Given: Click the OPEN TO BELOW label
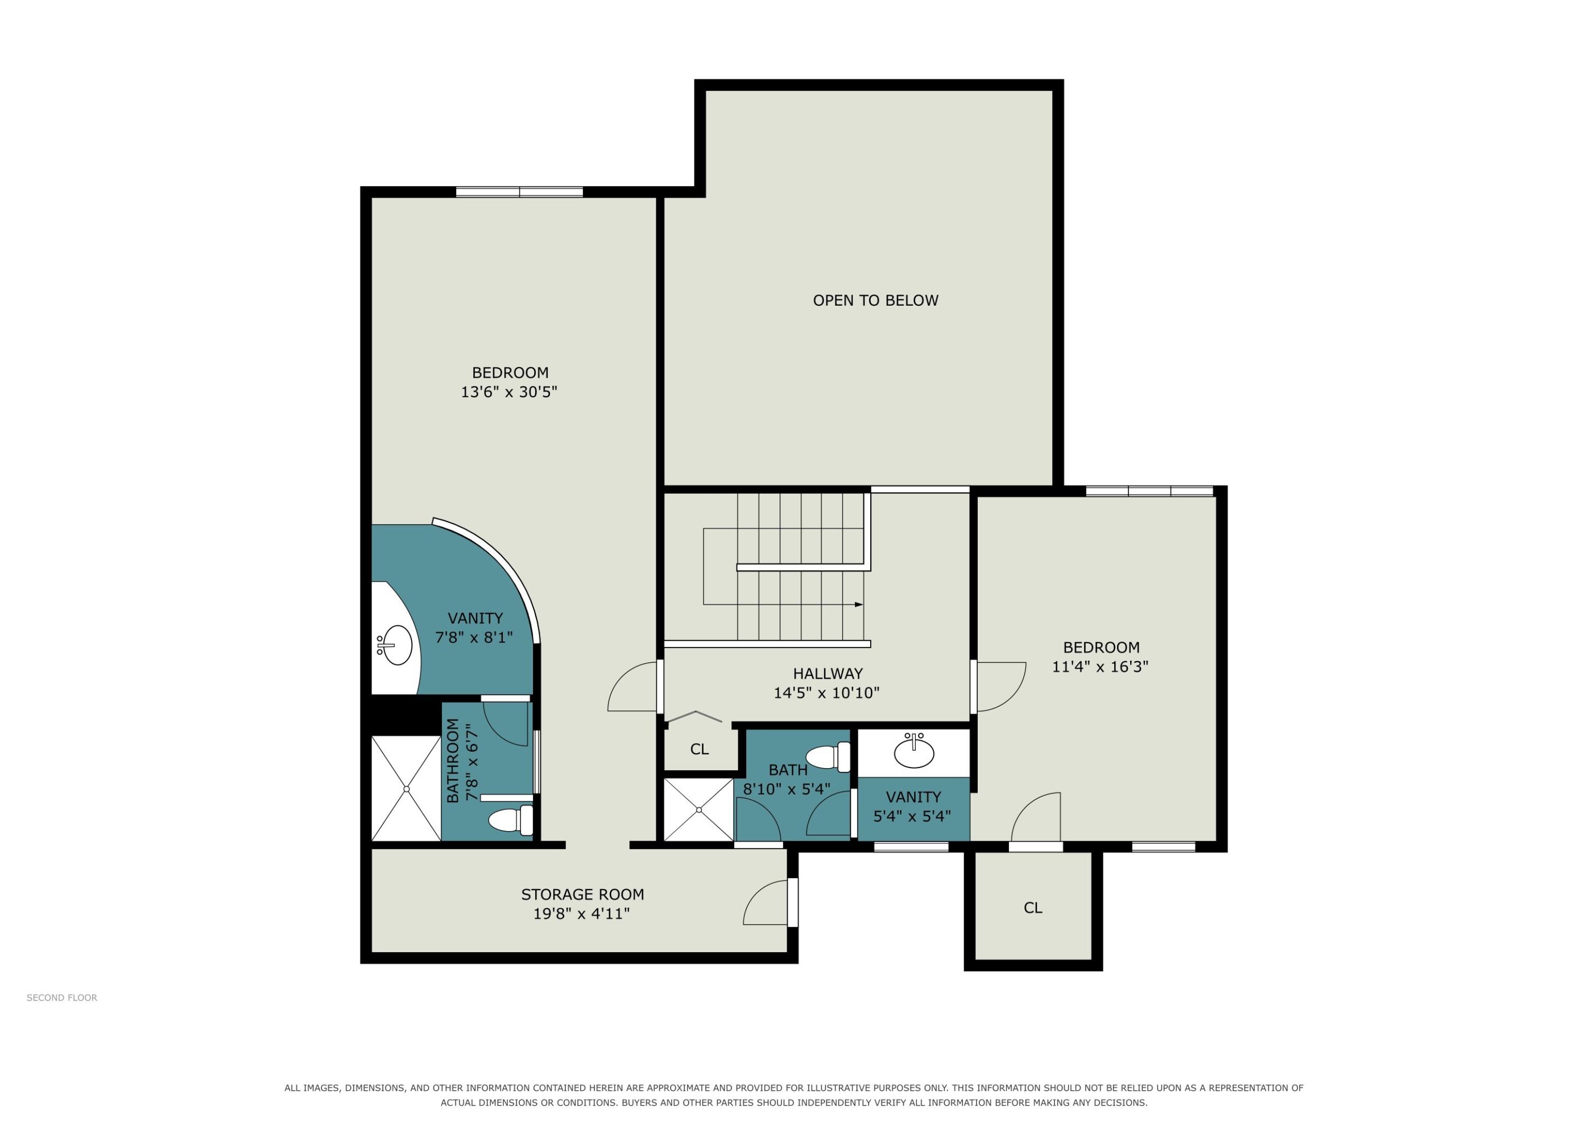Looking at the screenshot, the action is point(875,300).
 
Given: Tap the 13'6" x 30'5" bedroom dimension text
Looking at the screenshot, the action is point(509,392).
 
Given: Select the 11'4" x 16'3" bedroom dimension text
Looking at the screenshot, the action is point(1100,667).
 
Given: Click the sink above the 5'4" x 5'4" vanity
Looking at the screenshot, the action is point(914,752).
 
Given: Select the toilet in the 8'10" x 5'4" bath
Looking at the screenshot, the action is point(828,757).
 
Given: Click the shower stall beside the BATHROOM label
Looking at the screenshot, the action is point(406,789).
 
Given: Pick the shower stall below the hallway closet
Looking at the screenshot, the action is point(699,809).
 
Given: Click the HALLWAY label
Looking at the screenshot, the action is point(828,673).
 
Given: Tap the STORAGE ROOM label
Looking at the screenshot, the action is point(582,895).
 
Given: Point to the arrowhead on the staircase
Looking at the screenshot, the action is point(859,604).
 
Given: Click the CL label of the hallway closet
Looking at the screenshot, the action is point(699,750).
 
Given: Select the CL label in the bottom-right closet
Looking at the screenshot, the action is point(1033,908).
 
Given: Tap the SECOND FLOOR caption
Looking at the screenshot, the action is point(61,998).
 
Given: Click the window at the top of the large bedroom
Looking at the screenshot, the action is point(519,192).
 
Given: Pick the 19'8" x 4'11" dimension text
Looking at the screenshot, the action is point(581,914).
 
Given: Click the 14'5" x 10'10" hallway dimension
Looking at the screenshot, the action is point(826,692).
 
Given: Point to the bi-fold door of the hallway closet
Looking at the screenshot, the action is point(694,716).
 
